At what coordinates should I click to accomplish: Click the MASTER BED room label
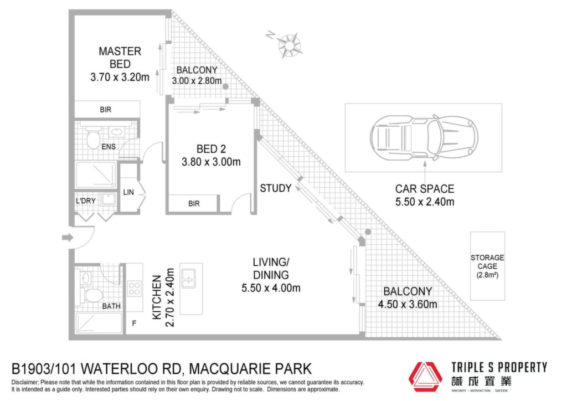[x=120, y=58]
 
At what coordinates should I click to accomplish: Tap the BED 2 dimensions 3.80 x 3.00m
[x=211, y=162]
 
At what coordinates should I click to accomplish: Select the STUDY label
[x=276, y=188]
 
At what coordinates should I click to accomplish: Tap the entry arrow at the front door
[x=68, y=238]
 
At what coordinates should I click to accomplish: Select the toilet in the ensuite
[x=93, y=140]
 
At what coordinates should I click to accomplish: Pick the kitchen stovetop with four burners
[x=134, y=289]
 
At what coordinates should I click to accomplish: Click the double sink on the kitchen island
[x=189, y=279]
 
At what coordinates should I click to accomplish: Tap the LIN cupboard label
[x=128, y=192]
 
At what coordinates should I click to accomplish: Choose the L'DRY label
[x=86, y=200]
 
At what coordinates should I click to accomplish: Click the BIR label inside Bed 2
[x=194, y=204]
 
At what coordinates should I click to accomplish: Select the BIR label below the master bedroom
[x=106, y=110]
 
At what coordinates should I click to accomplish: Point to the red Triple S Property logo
[x=425, y=377]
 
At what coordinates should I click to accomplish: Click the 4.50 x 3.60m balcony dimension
[x=408, y=305]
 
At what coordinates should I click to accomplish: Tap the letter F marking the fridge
[x=134, y=323]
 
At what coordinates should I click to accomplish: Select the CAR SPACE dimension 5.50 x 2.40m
[x=425, y=202]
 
